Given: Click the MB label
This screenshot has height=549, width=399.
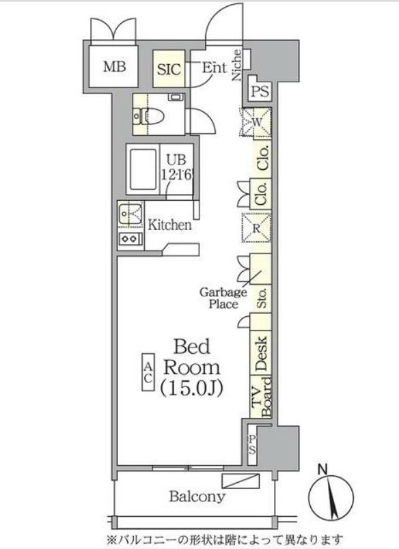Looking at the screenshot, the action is pos(114,66).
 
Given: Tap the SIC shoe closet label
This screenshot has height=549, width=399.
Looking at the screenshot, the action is pos(169,69).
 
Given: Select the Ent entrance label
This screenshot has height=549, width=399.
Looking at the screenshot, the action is pos(214,67).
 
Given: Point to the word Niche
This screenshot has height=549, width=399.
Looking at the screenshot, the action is pos(237,65).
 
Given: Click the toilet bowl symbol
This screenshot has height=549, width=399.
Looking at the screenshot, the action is pos(148,116).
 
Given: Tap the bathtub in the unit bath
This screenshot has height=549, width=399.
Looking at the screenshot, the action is pos(143,169).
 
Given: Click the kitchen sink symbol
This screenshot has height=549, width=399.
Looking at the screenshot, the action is pos(130,214).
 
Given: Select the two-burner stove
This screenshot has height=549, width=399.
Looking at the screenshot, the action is pos(130,239).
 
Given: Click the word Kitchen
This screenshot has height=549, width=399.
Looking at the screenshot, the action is pos(170,225).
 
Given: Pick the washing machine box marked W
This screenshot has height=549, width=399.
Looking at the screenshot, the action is pos(256,122).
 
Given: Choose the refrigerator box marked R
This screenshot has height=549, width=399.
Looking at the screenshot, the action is pos(256,228).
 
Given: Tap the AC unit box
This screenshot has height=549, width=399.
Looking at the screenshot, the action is pos(148,373).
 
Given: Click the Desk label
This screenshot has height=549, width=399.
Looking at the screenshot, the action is pos(261,354).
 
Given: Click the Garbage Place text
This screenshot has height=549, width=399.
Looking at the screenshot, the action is pos(223,298).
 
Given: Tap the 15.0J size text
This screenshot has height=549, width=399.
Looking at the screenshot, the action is pos(191,389).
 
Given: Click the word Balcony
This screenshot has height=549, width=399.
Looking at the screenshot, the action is pos(197,496).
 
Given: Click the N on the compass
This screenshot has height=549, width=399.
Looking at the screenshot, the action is pos(322,470).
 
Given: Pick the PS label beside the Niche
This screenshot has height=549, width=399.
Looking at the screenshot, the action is pos(260,91).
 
